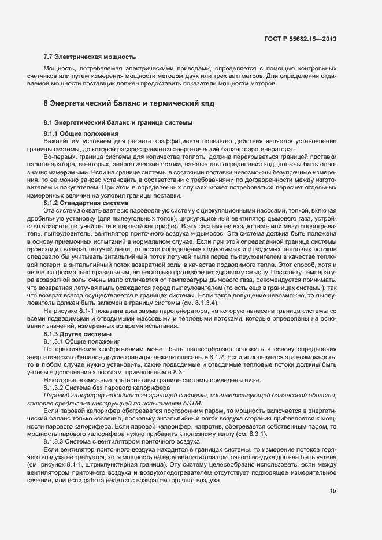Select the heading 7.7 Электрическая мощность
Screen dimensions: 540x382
tap(90, 57)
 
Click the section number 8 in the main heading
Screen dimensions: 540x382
tap(46, 104)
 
